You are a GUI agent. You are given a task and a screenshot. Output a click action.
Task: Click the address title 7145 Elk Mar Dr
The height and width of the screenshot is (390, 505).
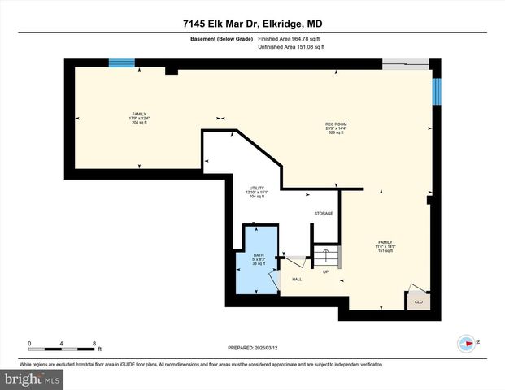pos(252,24)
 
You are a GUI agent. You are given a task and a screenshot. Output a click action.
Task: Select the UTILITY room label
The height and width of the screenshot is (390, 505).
pos(257,192)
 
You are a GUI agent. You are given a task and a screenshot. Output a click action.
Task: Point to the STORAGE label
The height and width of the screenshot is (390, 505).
pos(324,214)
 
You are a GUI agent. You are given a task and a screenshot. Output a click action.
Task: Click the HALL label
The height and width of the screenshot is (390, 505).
pos(297,279)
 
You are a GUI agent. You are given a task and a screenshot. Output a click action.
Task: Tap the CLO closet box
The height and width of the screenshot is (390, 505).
pos(418,301)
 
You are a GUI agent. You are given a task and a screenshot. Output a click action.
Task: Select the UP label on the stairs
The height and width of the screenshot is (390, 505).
pos(326,272)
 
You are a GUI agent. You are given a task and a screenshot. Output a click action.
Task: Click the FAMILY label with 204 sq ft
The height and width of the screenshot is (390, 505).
pos(139,117)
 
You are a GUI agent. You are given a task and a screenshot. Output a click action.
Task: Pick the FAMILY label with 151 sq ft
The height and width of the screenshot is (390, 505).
pos(385,246)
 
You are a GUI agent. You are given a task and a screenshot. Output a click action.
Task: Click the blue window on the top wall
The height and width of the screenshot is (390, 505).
pos(123,63)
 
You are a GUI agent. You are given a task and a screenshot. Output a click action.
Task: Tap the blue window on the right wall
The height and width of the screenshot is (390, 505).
pos(437,91)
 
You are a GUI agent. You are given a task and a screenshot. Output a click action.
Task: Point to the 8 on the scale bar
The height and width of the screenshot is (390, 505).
pos(96,342)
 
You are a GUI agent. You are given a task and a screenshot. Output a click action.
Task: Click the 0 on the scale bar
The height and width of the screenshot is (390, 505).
pos(29,342)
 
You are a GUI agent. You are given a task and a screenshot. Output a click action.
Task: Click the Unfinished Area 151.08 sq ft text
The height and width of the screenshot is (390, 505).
pos(291,47)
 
